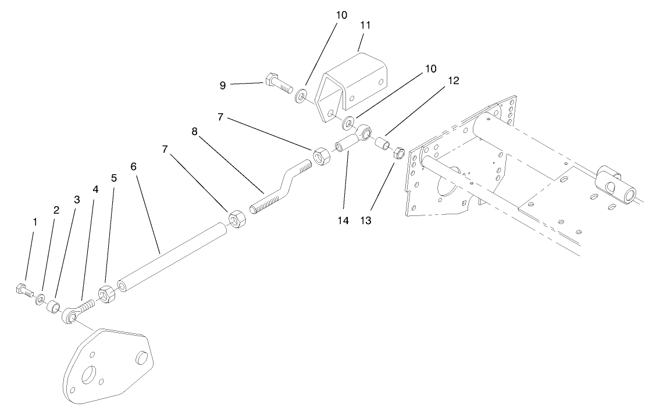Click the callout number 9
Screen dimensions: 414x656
(x=222, y=85)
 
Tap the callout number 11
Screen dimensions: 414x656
(x=365, y=26)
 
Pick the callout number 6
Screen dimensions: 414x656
(x=133, y=166)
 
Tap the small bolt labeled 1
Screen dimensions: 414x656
(x=22, y=289)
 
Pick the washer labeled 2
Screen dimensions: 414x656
(x=40, y=299)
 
